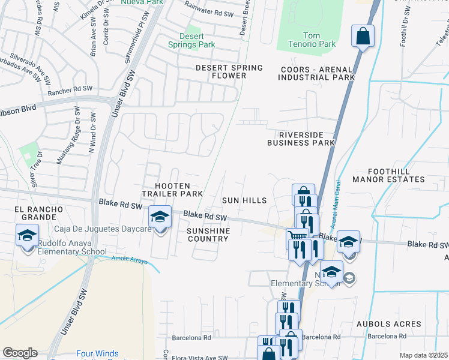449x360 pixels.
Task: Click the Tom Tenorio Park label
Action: tap(319, 40)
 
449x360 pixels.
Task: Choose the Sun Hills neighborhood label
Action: tap(244, 200)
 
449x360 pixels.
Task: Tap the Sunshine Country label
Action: tap(208, 235)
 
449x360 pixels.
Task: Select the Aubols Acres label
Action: tap(388, 324)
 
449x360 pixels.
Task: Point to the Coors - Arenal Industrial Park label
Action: tap(318, 73)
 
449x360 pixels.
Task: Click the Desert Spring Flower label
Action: tap(229, 71)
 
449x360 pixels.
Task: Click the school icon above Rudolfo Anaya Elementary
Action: tap(28, 235)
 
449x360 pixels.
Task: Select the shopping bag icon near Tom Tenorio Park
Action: tap(363, 36)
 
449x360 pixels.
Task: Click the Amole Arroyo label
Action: tap(129, 259)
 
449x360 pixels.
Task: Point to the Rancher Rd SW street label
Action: tap(71, 88)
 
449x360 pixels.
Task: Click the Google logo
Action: tap(20, 353)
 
